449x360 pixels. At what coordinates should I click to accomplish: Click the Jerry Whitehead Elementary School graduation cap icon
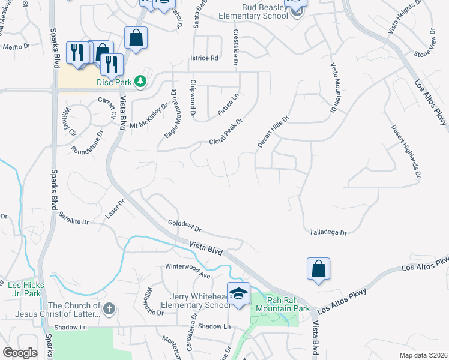(x=238, y=295)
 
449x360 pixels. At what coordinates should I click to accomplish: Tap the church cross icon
(x=108, y=308)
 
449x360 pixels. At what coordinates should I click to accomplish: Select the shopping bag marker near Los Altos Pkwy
(x=318, y=269)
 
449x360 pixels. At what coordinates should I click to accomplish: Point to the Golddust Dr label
(x=184, y=226)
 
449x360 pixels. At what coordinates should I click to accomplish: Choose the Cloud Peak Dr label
(x=225, y=132)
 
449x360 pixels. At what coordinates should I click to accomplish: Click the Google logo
(x=20, y=353)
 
